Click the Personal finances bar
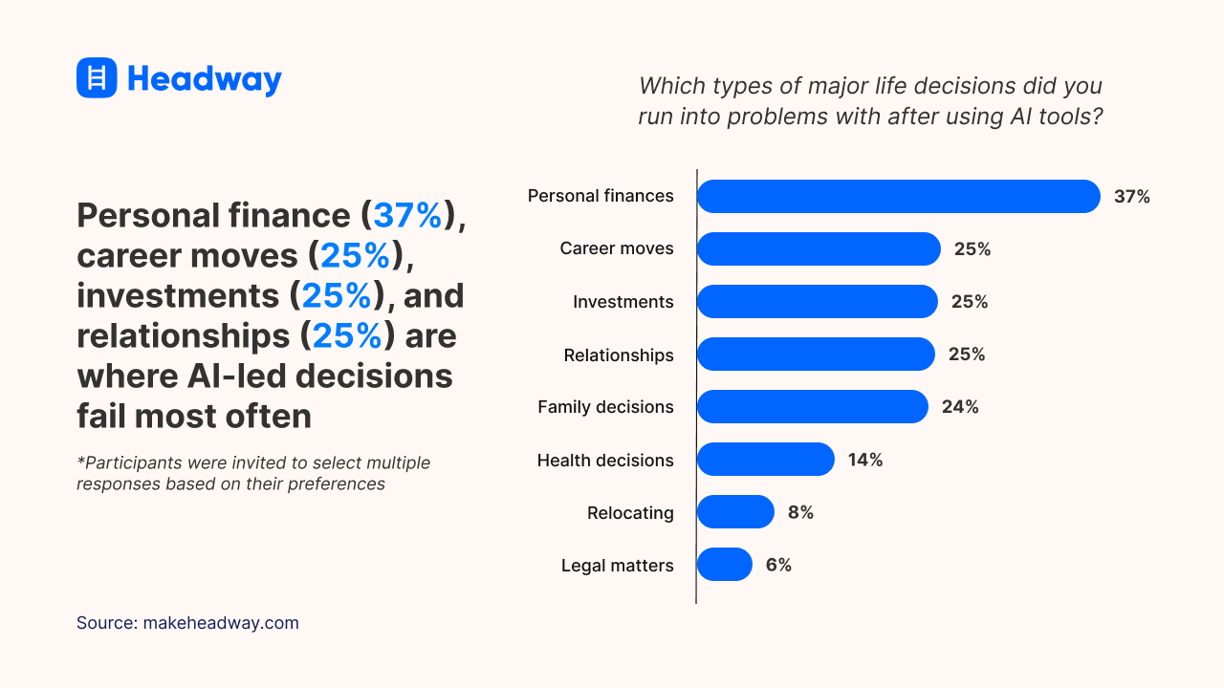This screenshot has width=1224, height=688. (x=898, y=196)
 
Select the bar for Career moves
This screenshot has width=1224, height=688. (x=819, y=248)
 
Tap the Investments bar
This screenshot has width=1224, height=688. (x=817, y=301)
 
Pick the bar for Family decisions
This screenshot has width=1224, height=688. (x=812, y=406)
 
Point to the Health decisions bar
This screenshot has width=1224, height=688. (x=765, y=460)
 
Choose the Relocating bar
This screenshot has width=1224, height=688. (x=734, y=512)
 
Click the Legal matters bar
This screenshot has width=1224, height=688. (x=724, y=565)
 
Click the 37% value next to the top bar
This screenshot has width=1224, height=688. (x=1131, y=197)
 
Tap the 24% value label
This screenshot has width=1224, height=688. (x=959, y=407)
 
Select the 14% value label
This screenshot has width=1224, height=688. (x=864, y=460)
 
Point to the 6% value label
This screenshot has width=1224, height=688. (x=778, y=565)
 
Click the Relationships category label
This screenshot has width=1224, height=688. (x=618, y=355)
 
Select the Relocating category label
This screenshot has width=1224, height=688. (x=629, y=513)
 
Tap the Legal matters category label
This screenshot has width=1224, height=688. (x=617, y=566)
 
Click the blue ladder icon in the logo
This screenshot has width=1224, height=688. (x=97, y=77)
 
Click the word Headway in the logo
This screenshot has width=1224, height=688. (x=204, y=78)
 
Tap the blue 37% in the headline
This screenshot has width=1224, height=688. (x=407, y=215)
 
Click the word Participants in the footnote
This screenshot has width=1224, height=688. (x=127, y=462)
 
